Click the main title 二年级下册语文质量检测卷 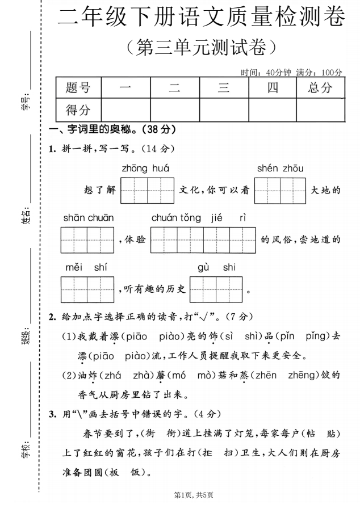click(202, 18)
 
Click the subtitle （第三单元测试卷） click(202, 47)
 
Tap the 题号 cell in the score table click(78, 87)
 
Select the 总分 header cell click(320, 87)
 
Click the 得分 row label click(78, 110)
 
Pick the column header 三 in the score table click(224, 87)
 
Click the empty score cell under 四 click(272, 110)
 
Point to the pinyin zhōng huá click(145, 169)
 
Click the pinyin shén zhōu click(280, 169)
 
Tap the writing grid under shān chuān click(88, 240)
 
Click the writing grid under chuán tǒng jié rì click(203, 240)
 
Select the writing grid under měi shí click(88, 289)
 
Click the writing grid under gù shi click(216, 289)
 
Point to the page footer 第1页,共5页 click(194, 495)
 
